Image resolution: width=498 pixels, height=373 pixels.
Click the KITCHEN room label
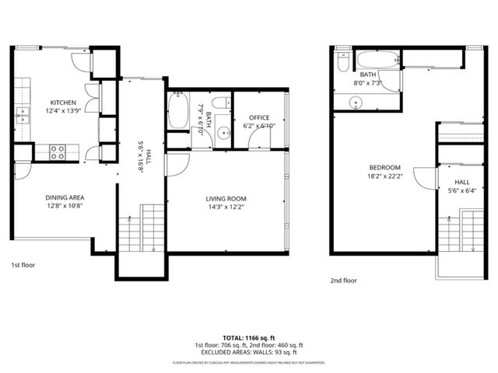click(x=63, y=103)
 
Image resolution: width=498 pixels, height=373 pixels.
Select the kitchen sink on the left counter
click(x=19, y=117)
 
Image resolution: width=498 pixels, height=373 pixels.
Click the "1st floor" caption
click(x=23, y=264)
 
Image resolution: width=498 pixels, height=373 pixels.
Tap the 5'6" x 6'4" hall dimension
click(x=462, y=190)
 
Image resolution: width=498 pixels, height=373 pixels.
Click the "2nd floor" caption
click(x=343, y=281)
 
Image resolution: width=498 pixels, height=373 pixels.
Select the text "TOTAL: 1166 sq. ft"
click(x=248, y=338)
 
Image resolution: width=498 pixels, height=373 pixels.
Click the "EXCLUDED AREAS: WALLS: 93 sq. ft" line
click(x=248, y=352)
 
